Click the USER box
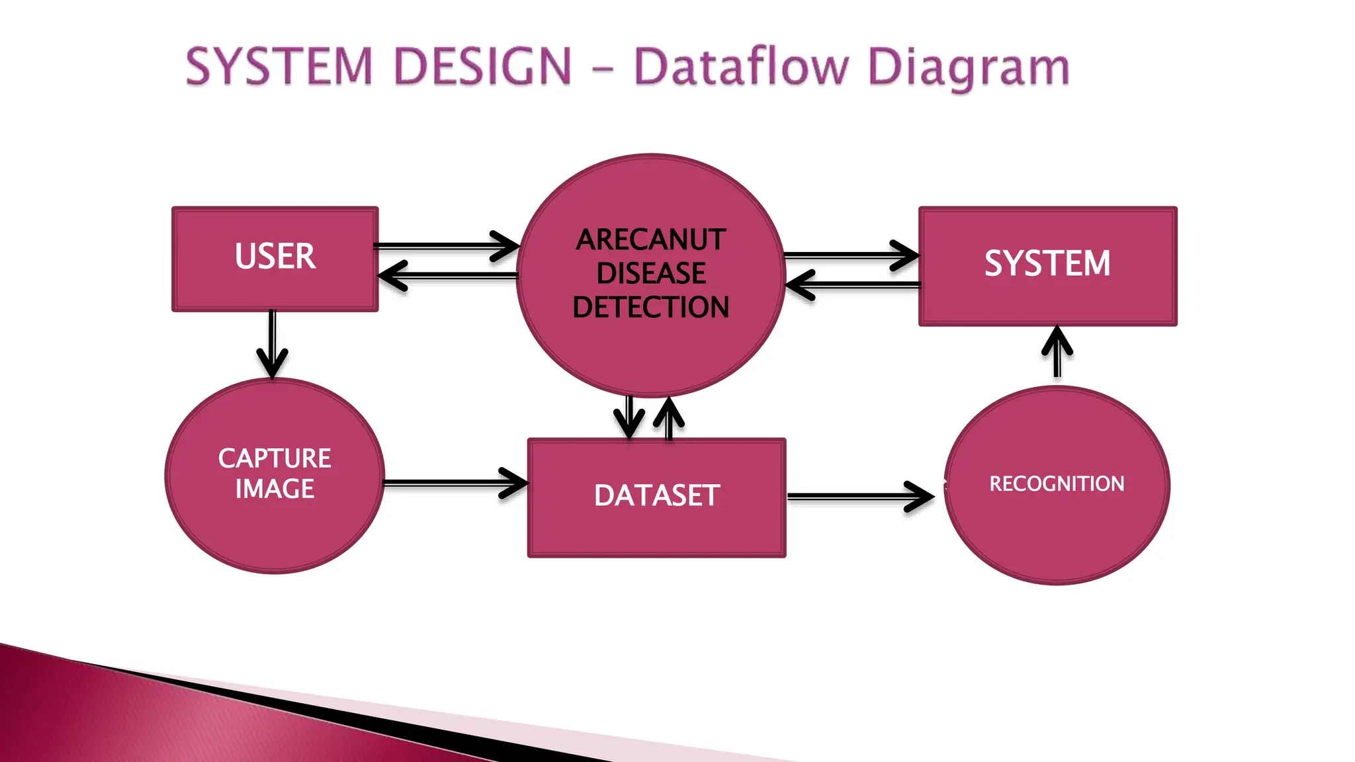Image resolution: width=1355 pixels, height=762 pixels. pos(275,258)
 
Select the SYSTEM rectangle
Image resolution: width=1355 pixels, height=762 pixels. pos(1047,265)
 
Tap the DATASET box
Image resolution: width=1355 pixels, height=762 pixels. pos(656,497)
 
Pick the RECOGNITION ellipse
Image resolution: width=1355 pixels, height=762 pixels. pos(1057,485)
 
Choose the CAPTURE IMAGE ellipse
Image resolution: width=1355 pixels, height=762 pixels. pos(274,475)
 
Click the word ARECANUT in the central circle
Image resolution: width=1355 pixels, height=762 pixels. pos(651,239)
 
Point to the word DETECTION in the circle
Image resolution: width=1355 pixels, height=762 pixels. pos(651,308)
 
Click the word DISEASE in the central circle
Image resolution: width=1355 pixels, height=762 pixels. pos(651,273)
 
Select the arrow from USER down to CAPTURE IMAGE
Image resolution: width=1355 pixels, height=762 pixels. pos(272,344)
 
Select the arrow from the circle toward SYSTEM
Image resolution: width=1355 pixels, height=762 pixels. pos(850,255)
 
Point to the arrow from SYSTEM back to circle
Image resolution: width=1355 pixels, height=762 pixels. pos(853,285)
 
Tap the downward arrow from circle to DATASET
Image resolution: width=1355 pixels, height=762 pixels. pos(629,417)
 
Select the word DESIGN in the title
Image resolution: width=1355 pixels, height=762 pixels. pos(482,67)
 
